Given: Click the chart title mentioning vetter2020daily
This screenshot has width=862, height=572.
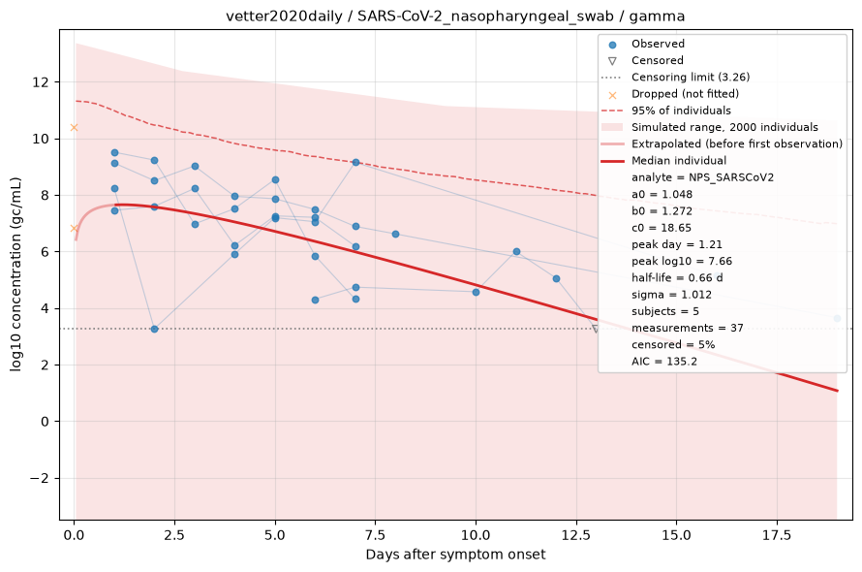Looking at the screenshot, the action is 455,16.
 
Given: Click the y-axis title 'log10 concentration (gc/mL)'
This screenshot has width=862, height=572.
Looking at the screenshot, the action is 15,274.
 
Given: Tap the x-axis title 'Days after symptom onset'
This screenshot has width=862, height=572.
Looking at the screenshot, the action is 456,555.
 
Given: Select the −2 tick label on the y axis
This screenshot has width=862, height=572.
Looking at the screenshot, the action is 39,478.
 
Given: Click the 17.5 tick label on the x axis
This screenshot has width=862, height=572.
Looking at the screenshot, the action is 777,536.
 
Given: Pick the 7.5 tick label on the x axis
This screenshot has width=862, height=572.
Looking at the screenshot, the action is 376,536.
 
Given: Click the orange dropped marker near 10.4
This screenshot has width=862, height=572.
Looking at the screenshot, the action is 75,128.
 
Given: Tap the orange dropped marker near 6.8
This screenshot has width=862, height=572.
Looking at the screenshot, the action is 75,229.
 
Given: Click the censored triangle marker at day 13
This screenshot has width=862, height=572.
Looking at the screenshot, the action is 596,330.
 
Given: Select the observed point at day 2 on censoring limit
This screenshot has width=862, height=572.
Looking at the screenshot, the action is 154,330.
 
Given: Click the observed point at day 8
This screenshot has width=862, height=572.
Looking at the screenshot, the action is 395,235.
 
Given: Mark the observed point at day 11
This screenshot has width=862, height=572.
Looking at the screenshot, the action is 516,252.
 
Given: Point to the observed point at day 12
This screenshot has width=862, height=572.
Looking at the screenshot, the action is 556,279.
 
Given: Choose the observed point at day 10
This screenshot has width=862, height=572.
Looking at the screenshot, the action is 477,293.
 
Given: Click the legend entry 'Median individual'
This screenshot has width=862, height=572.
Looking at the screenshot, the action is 678,161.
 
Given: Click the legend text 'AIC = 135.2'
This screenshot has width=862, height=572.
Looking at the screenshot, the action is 664,362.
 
